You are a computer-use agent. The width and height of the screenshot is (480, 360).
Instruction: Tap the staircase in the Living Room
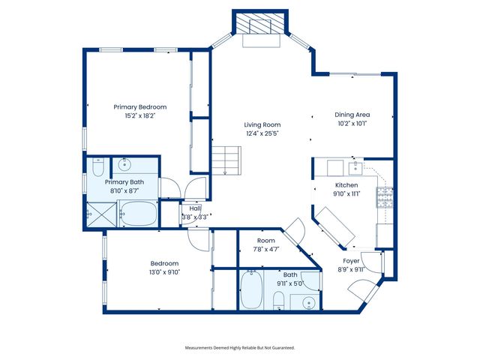pyautogui.click(x=225, y=160)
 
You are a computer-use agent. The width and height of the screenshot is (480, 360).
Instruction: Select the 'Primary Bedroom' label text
pyautogui.click(x=140, y=107)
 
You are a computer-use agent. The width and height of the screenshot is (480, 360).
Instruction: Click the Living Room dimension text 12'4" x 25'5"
pyautogui.click(x=262, y=133)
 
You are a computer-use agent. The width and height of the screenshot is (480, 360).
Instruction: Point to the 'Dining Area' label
pyautogui.click(x=352, y=115)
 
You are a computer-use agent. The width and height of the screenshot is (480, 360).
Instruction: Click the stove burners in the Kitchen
pyautogui.click(x=385, y=197)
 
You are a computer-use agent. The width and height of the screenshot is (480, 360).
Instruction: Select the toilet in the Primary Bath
pyautogui.click(x=97, y=167)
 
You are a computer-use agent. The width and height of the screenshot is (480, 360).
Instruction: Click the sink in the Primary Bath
pyautogui.click(x=125, y=165)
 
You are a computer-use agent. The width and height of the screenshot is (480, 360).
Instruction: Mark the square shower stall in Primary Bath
pyautogui.click(x=98, y=213)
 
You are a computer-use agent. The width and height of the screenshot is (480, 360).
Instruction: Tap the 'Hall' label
pyautogui.click(x=195, y=209)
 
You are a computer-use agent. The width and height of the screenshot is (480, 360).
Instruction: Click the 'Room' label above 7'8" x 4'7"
pyautogui.click(x=265, y=241)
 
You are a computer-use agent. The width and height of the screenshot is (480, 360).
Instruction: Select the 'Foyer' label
pyautogui.click(x=351, y=261)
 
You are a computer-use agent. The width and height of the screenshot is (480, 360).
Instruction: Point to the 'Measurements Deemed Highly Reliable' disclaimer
pyautogui.click(x=240, y=348)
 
